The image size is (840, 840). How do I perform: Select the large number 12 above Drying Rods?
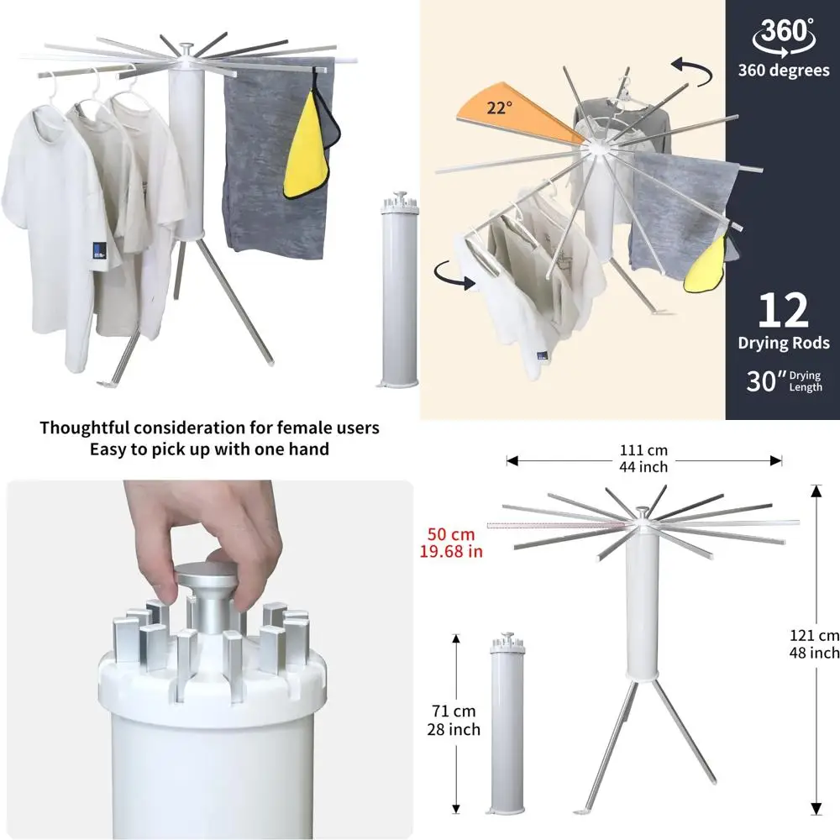coord(783,310)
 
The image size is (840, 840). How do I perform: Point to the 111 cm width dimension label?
coord(644,459)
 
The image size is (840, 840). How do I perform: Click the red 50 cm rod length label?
coord(451,542)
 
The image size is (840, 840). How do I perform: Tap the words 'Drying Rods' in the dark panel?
coord(783,343)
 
